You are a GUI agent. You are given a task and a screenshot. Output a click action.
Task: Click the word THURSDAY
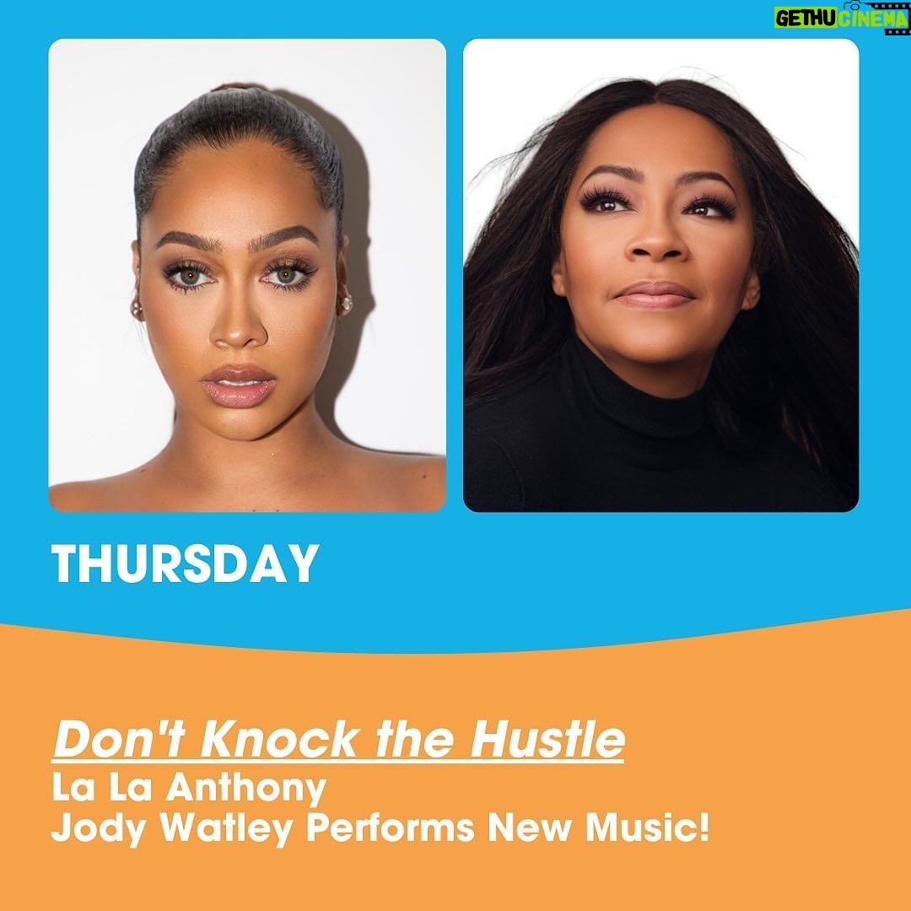[185, 563]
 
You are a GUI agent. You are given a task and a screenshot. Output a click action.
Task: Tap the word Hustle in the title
[547, 741]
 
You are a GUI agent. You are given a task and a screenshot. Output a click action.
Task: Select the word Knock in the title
[280, 741]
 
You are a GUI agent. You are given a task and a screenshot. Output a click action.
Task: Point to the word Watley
[226, 829]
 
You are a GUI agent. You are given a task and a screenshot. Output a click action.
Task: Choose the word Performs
[390, 829]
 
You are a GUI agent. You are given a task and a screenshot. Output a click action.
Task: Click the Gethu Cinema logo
[841, 18]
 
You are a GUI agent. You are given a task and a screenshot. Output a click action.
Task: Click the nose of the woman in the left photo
[238, 326]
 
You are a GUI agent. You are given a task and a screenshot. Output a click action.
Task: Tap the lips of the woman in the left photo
[238, 385]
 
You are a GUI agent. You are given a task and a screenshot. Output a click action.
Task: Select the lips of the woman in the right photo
[655, 294]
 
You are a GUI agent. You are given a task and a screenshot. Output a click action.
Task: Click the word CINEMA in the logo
[871, 19]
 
